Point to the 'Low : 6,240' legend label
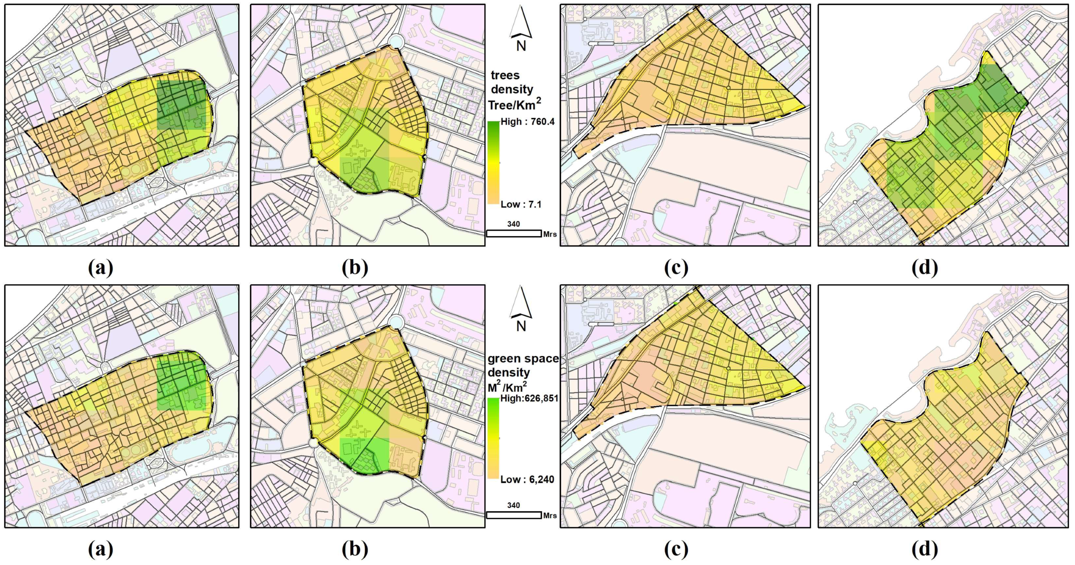pyautogui.click(x=527, y=479)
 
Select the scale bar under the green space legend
pyautogui.click(x=514, y=515)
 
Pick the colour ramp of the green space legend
pyautogui.click(x=493, y=438)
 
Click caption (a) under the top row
pyautogui.click(x=101, y=267)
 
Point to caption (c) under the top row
pyautogui.click(x=676, y=267)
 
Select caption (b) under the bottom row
pyautogui.click(x=355, y=549)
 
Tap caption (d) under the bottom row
pyautogui.click(x=925, y=549)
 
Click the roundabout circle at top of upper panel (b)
pyautogui.click(x=396, y=42)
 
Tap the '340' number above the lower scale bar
pyautogui.click(x=513, y=505)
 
